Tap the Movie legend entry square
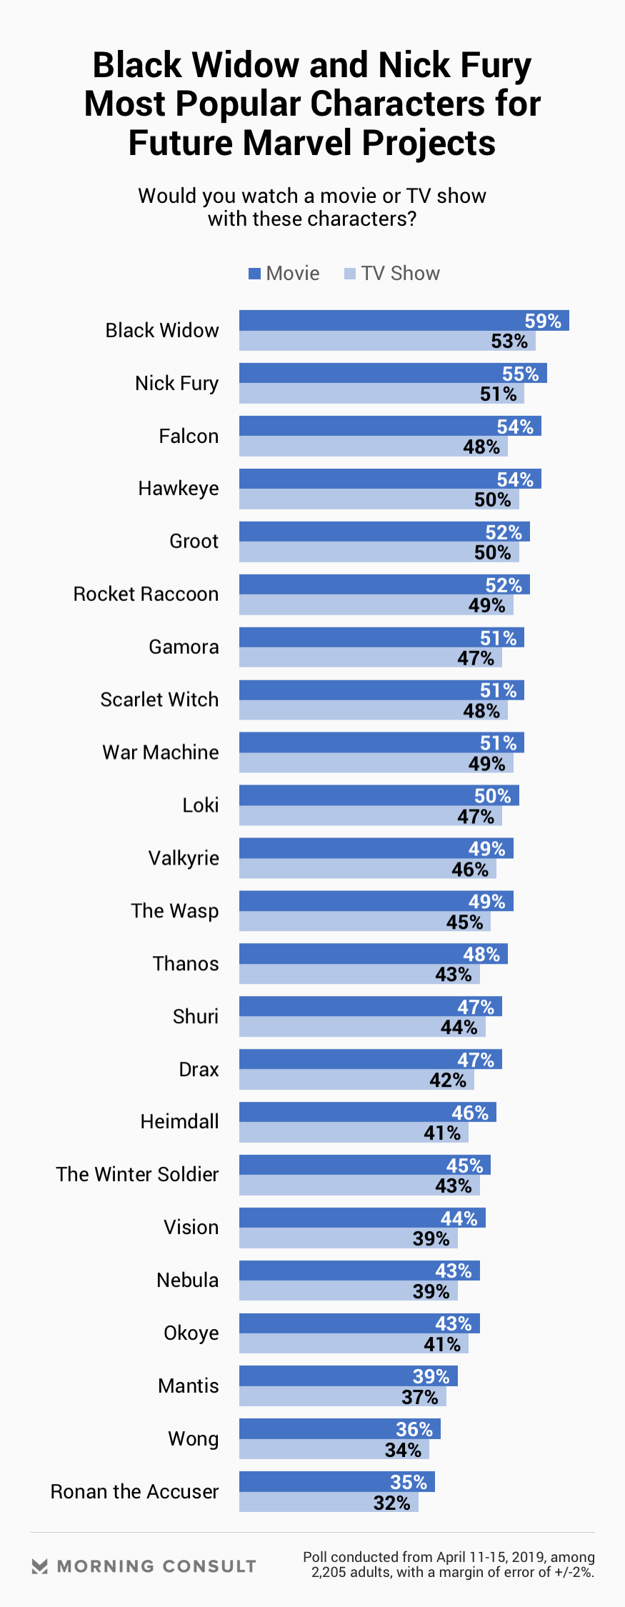254,274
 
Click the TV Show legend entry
392,274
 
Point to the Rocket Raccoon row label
146,594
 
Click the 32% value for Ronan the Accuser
392,1503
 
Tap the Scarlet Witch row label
159,700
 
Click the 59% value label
543,321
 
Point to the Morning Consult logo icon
40,1566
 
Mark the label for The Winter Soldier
137,1174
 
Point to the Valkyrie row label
184,858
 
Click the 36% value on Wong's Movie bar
414,1429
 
